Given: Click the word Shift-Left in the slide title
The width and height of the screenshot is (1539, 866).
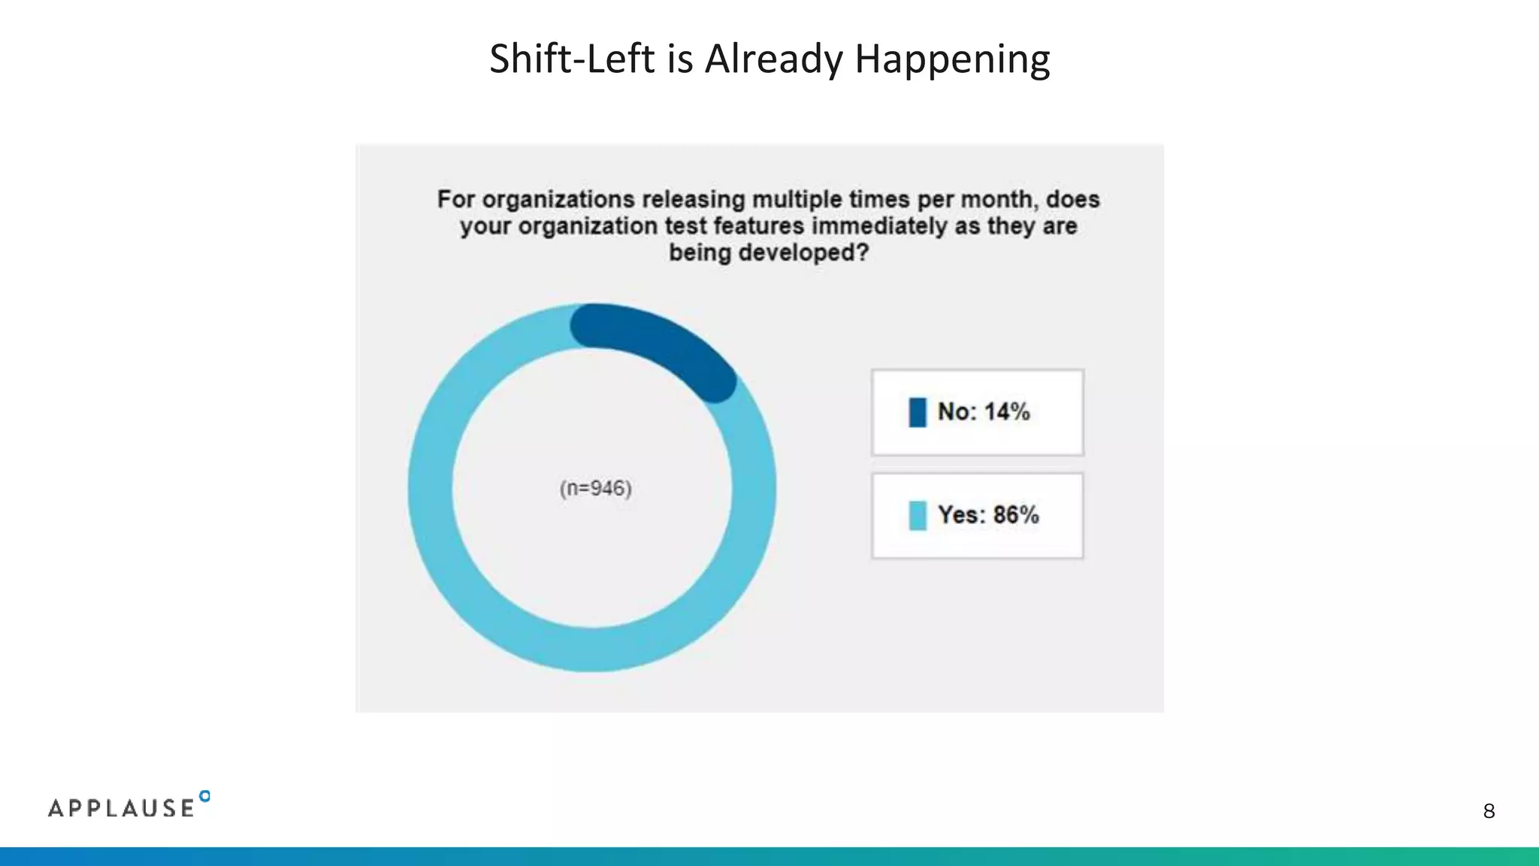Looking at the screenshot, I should click(x=572, y=59).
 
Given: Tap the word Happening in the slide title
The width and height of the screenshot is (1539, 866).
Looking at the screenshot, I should click(x=952, y=60).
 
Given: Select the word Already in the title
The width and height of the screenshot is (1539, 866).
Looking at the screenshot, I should click(x=774, y=60).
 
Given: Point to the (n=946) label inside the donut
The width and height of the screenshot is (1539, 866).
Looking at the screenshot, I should click(x=596, y=489).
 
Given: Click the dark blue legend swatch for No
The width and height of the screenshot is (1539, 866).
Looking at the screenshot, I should click(x=918, y=412).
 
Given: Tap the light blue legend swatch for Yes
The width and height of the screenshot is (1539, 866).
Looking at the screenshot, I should click(x=918, y=516).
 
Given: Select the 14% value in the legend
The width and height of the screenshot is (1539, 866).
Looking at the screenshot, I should click(x=1007, y=412).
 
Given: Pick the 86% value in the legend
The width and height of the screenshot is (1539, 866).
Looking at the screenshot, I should click(x=1016, y=515).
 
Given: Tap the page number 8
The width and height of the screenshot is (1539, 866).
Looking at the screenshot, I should click(x=1489, y=811).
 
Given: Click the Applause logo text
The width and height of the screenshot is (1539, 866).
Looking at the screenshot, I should click(x=121, y=808).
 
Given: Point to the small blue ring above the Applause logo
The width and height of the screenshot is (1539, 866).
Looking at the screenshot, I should click(x=204, y=796).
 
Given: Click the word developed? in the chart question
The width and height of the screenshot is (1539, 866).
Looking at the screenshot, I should click(x=803, y=253).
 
